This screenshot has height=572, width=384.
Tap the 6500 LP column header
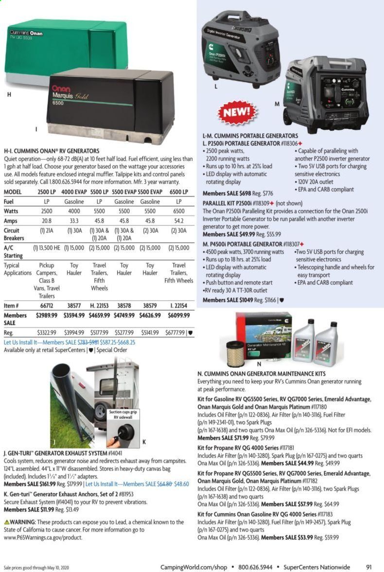pyautogui.click(x=178, y=191)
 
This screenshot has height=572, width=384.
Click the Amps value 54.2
pyautogui.click(x=178, y=221)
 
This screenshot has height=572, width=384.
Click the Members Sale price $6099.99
pyautogui.click(x=178, y=316)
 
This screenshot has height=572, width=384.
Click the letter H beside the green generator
pyautogui.click(x=9, y=95)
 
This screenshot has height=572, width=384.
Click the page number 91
pyautogui.click(x=369, y=567)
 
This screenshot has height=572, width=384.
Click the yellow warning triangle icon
pyautogui.click(x=6, y=522)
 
